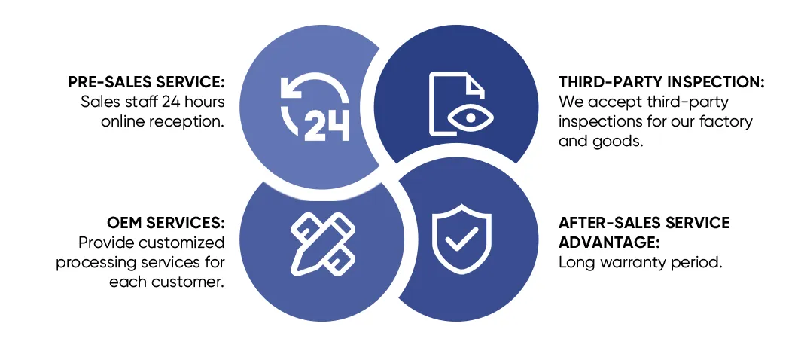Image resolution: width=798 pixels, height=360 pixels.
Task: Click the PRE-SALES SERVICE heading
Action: coord(146,83)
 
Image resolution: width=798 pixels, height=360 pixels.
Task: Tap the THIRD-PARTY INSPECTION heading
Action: coord(662,83)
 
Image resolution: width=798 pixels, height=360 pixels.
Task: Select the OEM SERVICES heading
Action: coord(166,223)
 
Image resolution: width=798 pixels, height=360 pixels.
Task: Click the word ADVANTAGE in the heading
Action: coord(609,243)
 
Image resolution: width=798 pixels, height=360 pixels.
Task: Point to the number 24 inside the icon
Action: coord(327,125)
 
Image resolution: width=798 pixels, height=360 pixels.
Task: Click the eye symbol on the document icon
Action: coord(471,118)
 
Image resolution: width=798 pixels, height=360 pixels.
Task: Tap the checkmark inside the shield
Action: coord(461,238)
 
